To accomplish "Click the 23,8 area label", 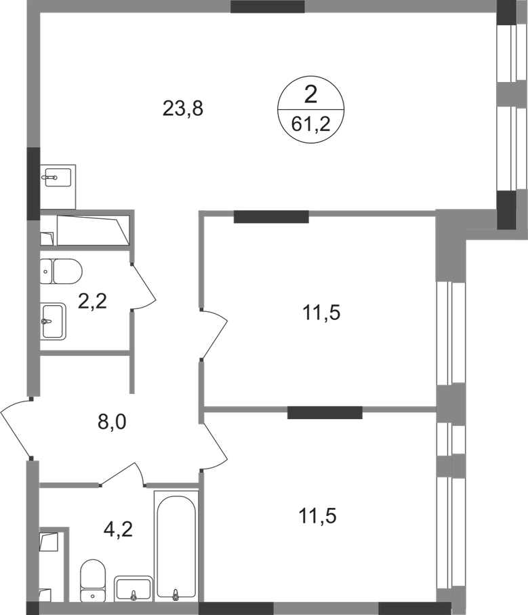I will [x=184, y=108].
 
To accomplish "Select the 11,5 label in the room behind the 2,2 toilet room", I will [x=318, y=313].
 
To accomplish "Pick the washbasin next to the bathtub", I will [x=133, y=587].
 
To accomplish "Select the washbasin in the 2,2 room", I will [x=56, y=319].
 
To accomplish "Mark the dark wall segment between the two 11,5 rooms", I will [x=325, y=412].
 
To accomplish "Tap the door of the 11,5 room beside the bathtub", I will [x=216, y=445].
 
